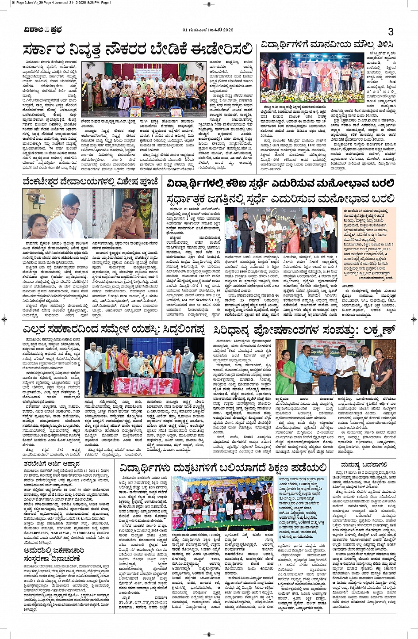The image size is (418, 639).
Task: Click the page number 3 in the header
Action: tap(391, 31)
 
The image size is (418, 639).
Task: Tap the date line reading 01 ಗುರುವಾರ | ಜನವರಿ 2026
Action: tap(207, 30)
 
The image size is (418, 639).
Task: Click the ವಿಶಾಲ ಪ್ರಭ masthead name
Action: tap(43, 30)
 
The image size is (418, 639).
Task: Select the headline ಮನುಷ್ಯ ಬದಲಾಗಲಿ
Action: tap(364, 464)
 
